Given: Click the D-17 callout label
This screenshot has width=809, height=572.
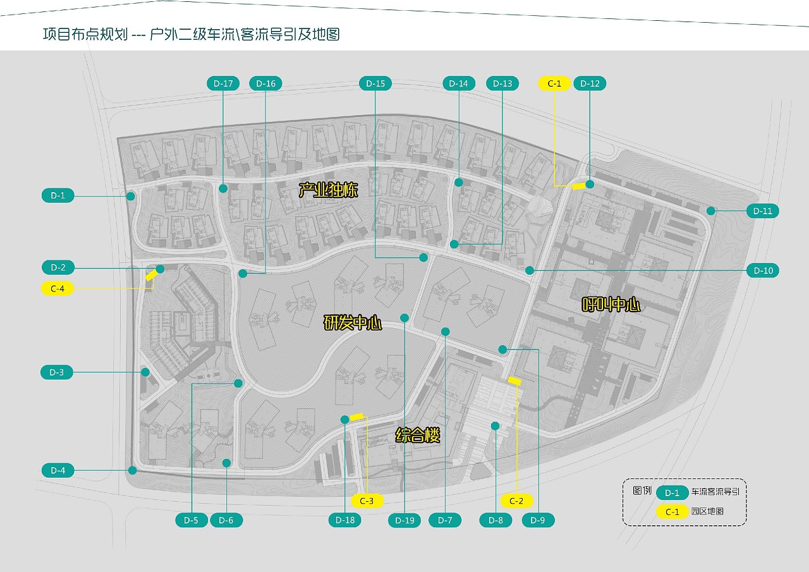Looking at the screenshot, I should coord(223,83).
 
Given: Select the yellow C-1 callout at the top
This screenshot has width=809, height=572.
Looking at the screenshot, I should coord(554,83).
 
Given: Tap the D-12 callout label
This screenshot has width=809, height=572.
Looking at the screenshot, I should coord(590,83).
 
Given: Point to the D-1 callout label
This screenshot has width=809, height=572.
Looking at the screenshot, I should coord(58,195).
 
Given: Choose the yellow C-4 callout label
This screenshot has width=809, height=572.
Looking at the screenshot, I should coord(58,288).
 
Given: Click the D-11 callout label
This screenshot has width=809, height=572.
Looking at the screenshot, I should coord(762,211).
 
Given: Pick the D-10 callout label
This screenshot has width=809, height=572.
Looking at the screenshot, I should coord(762,271).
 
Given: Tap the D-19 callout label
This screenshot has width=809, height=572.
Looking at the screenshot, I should coord(404,520).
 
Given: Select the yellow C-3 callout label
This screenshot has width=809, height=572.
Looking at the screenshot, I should coord(367,501).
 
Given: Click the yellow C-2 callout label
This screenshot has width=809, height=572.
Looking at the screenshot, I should coord(516,501).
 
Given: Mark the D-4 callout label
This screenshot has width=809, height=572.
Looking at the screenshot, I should coord(58,470).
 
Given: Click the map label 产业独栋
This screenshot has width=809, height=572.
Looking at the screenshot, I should coord(328,189).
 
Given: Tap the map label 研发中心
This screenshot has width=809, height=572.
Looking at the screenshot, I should coord(353,323).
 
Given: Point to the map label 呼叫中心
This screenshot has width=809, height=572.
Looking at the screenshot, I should coord(611,305).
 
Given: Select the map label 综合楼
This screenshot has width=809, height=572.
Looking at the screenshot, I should coord(417,435).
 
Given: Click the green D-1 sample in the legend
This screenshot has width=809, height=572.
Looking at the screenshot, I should coord(672,493).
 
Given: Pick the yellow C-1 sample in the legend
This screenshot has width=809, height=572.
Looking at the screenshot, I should coord(672,512).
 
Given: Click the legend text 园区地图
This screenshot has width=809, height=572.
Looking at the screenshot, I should coord(707,512).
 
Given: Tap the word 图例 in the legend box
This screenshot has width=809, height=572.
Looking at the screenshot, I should coord(642,490).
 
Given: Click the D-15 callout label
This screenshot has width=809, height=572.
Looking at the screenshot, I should coord(375,83).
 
